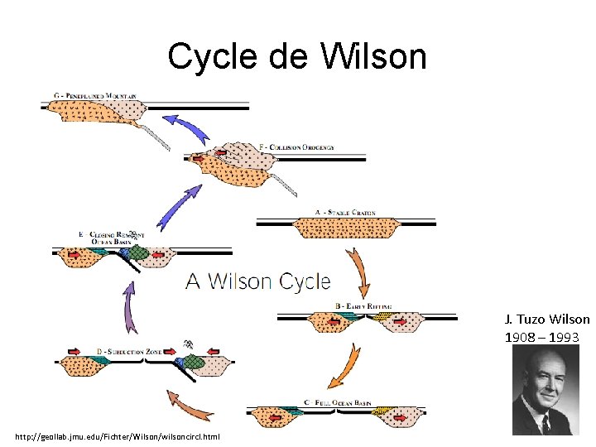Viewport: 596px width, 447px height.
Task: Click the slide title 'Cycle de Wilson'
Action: pyautogui.click(x=297, y=56)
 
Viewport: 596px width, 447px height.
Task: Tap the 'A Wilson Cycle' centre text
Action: pyautogui.click(x=257, y=281)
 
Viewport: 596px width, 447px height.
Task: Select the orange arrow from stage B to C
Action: pyautogui.click(x=348, y=363)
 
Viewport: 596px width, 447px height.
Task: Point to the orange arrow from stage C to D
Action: pyautogui.click(x=190, y=406)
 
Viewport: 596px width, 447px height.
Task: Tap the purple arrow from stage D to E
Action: pyautogui.click(x=129, y=307)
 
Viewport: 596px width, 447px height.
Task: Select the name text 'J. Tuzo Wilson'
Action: pyautogui.click(x=547, y=319)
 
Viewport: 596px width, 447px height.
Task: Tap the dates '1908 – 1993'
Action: pyautogui.click(x=542, y=337)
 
